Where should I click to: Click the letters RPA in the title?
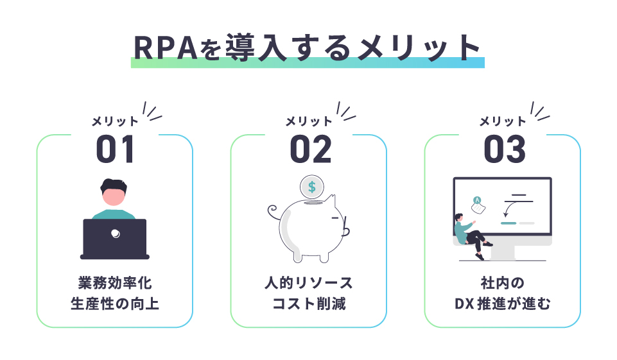click(x=165, y=48)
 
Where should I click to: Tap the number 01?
click(x=116, y=149)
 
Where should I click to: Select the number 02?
click(x=311, y=149)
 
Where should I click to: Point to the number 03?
click(x=505, y=149)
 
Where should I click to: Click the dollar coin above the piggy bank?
click(x=311, y=187)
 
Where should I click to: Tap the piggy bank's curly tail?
click(x=273, y=212)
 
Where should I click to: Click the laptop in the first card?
click(x=115, y=239)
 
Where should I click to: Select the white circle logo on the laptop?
click(x=116, y=234)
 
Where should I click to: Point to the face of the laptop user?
click(x=114, y=197)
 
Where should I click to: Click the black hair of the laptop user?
click(x=114, y=185)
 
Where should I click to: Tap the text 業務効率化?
click(x=115, y=283)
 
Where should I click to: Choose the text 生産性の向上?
click(x=115, y=304)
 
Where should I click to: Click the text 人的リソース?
click(x=309, y=283)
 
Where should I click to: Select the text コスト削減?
click(x=309, y=304)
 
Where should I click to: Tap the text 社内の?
click(x=503, y=283)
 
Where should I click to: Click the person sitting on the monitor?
click(x=471, y=236)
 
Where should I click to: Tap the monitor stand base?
click(x=503, y=253)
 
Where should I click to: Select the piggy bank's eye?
click(x=335, y=218)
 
